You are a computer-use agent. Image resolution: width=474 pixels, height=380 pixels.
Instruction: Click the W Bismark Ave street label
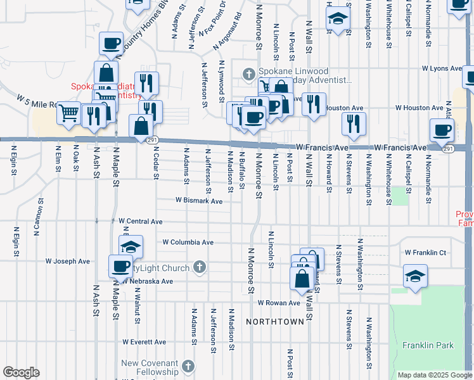[199, 201]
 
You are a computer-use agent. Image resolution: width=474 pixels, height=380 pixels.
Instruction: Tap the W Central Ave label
[141, 222]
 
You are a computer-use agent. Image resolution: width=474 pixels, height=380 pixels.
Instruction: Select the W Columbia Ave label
[188, 243]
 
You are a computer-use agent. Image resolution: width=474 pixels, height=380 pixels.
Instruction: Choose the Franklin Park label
[428, 346]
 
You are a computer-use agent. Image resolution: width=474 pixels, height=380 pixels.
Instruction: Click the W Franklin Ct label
[426, 253]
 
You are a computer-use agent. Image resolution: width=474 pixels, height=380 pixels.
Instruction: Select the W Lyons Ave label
[443, 68]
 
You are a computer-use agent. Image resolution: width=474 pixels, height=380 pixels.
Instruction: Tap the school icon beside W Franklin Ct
[415, 276]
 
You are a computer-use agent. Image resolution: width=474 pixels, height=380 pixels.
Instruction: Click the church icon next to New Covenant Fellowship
[188, 366]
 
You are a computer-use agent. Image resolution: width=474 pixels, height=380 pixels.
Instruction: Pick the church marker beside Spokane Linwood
[249, 75]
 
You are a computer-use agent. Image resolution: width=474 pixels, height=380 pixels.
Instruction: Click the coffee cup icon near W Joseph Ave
[120, 265]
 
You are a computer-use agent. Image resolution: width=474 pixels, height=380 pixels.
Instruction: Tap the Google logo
[21, 372]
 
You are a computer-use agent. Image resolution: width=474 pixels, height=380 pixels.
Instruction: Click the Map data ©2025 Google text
[435, 375]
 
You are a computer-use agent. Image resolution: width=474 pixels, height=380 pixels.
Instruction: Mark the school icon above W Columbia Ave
[131, 246]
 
